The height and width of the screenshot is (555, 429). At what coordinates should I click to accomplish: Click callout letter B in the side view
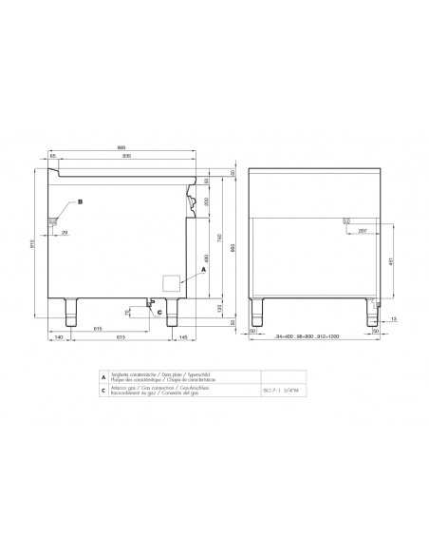(x=81, y=202)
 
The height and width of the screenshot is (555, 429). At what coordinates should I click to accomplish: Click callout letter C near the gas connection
(x=159, y=311)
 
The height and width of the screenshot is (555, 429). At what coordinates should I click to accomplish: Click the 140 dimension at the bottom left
(x=58, y=338)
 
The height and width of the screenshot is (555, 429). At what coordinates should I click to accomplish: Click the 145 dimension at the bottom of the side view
(x=182, y=338)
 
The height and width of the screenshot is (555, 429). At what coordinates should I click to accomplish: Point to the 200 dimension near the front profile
(x=196, y=202)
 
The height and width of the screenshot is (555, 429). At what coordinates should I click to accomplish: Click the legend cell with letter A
(x=103, y=377)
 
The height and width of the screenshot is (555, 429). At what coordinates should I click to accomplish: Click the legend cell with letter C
(x=103, y=391)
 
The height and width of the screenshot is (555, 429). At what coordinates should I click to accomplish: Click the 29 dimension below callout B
(x=65, y=231)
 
